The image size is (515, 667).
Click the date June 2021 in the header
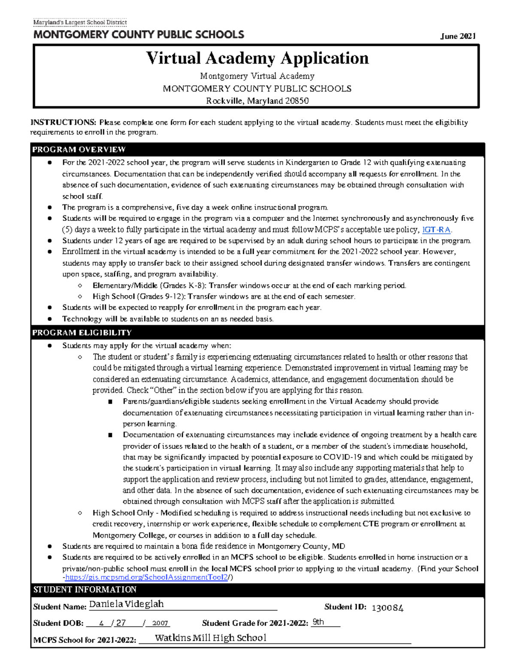click(x=458, y=37)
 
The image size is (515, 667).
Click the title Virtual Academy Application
click(x=257, y=58)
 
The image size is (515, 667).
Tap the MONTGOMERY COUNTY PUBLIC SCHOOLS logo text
click(x=139, y=35)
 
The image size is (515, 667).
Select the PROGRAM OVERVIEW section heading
click(x=79, y=149)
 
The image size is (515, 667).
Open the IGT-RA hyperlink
click(x=436, y=229)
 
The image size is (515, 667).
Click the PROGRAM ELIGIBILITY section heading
click(x=82, y=332)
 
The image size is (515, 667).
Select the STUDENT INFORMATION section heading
click(x=85, y=589)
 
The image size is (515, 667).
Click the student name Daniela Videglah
click(x=126, y=604)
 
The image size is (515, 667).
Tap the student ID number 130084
click(x=387, y=608)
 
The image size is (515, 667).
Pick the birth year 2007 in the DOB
click(x=160, y=623)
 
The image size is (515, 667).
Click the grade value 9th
click(x=318, y=622)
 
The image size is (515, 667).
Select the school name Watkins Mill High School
click(x=210, y=638)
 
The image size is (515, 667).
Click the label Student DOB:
click(x=58, y=623)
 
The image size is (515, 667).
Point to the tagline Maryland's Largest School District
click(x=80, y=22)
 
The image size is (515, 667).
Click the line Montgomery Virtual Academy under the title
click(x=257, y=76)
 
